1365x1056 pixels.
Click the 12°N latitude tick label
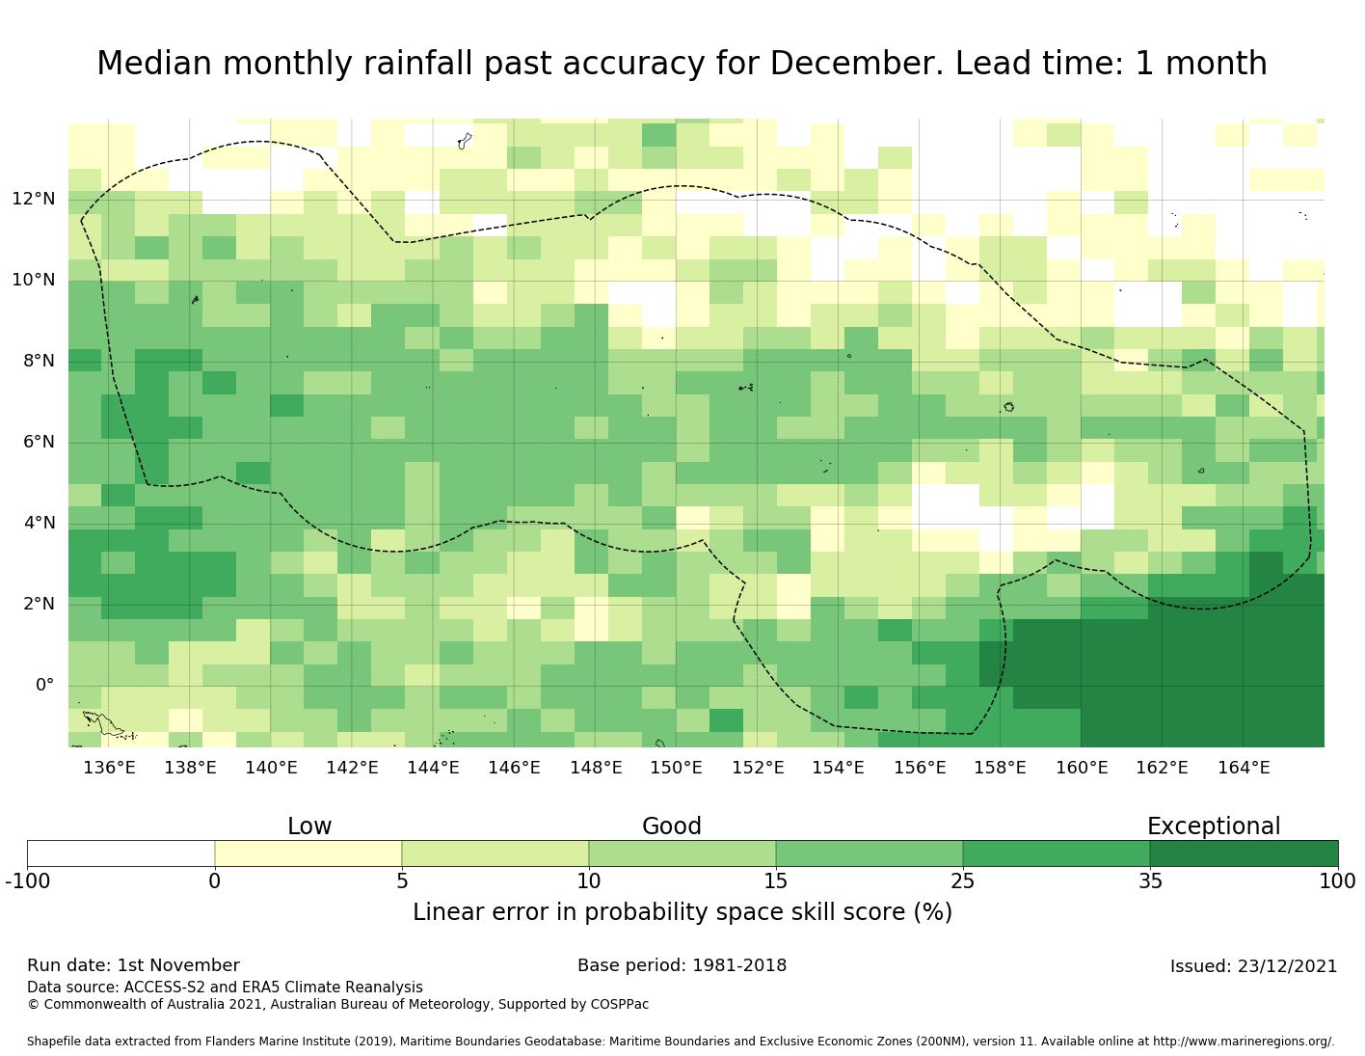pos(33,200)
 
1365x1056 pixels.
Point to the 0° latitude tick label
pos(44,686)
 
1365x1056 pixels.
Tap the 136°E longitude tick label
pos(109,769)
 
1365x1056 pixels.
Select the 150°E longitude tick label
pos(676,769)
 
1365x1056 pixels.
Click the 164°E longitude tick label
pos(1244,769)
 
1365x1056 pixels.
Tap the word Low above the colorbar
pos(309,827)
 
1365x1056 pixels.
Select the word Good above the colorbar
pos(672,827)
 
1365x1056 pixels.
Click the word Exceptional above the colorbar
pos(1214,827)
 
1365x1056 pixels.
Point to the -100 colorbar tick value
pos(27,881)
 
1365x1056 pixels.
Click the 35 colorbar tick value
pos(1150,881)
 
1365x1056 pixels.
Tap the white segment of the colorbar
pos(120,853)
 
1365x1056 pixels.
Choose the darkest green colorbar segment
pos(1244,853)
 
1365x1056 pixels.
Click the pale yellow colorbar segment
pos(308,853)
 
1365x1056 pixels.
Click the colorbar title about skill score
pos(682,913)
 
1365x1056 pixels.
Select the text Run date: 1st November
pos(133,966)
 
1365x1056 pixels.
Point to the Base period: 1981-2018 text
pos(682,966)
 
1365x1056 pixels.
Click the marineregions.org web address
pos(1244,1042)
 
